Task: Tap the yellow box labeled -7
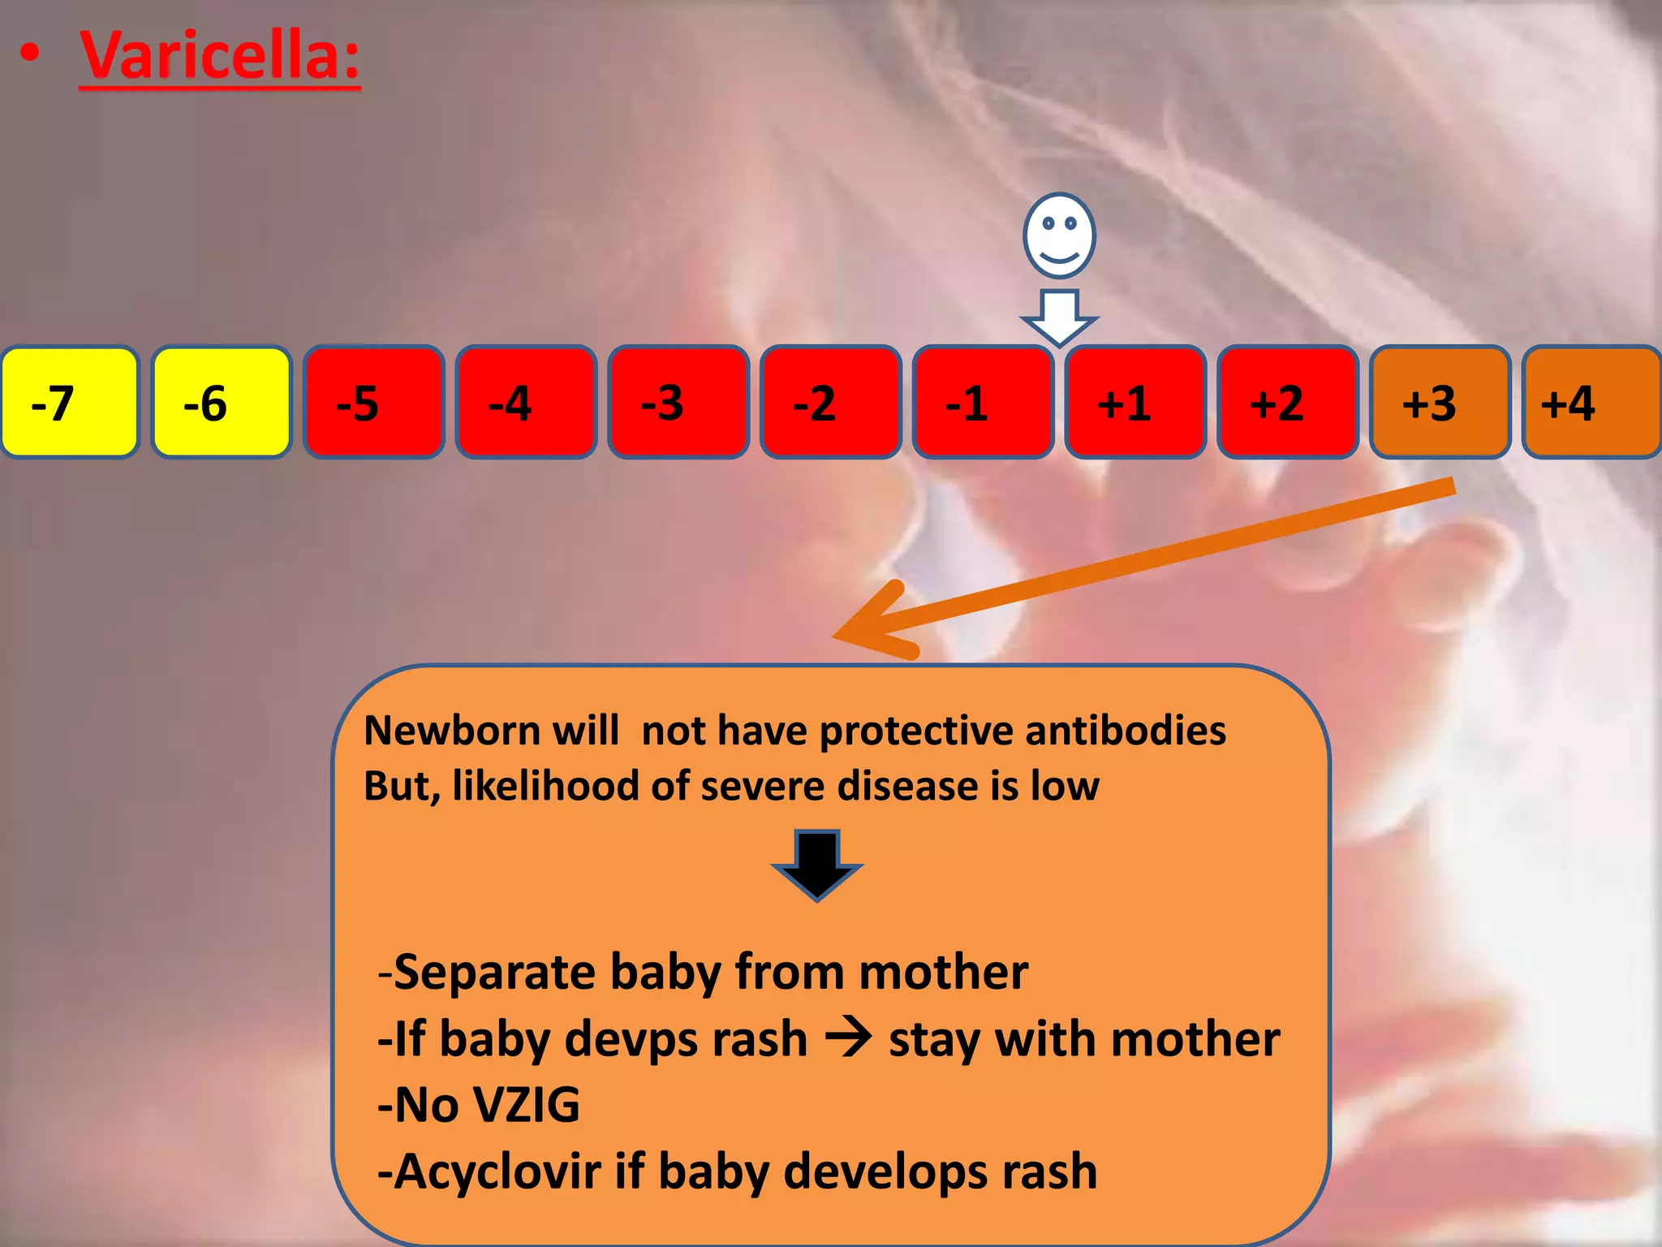[x=70, y=403]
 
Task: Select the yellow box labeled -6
[x=222, y=403]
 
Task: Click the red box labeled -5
[x=374, y=403]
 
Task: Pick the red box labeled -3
[x=678, y=403]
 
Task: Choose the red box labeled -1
[x=983, y=403]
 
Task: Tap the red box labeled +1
[x=1135, y=403]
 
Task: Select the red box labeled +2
[x=1287, y=403]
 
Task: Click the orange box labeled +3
[x=1440, y=403]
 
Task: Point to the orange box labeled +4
[x=1591, y=403]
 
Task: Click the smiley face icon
[x=1059, y=235]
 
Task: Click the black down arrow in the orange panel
[x=816, y=865]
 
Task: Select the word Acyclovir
[x=498, y=1171]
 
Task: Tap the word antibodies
[x=1126, y=730]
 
